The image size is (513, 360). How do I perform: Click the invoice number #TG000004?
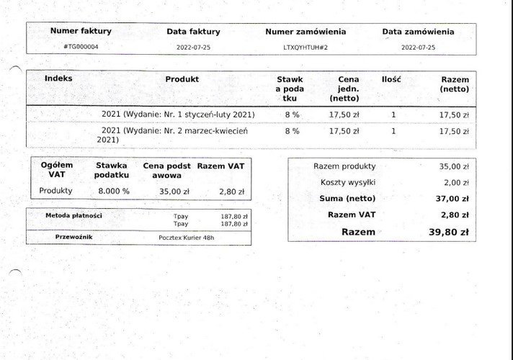click(81, 47)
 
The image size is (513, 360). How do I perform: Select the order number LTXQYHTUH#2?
click(305, 47)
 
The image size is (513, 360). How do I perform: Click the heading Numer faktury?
click(81, 31)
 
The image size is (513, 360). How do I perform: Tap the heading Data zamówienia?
click(418, 32)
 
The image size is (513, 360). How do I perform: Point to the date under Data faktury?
click(193, 47)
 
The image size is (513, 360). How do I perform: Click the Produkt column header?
click(182, 79)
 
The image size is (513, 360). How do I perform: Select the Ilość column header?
click(391, 79)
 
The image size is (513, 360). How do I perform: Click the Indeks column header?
click(58, 78)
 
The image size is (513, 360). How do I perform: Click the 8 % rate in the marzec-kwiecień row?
click(292, 131)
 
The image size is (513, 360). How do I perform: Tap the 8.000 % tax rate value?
click(114, 192)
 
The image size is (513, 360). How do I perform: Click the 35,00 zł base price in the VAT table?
click(174, 192)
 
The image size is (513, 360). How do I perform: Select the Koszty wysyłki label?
click(344, 182)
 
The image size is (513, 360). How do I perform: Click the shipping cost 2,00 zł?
click(454, 182)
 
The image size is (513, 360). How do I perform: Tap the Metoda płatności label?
click(73, 215)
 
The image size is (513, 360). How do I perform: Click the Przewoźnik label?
click(73, 236)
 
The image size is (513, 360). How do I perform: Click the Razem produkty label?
click(344, 166)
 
